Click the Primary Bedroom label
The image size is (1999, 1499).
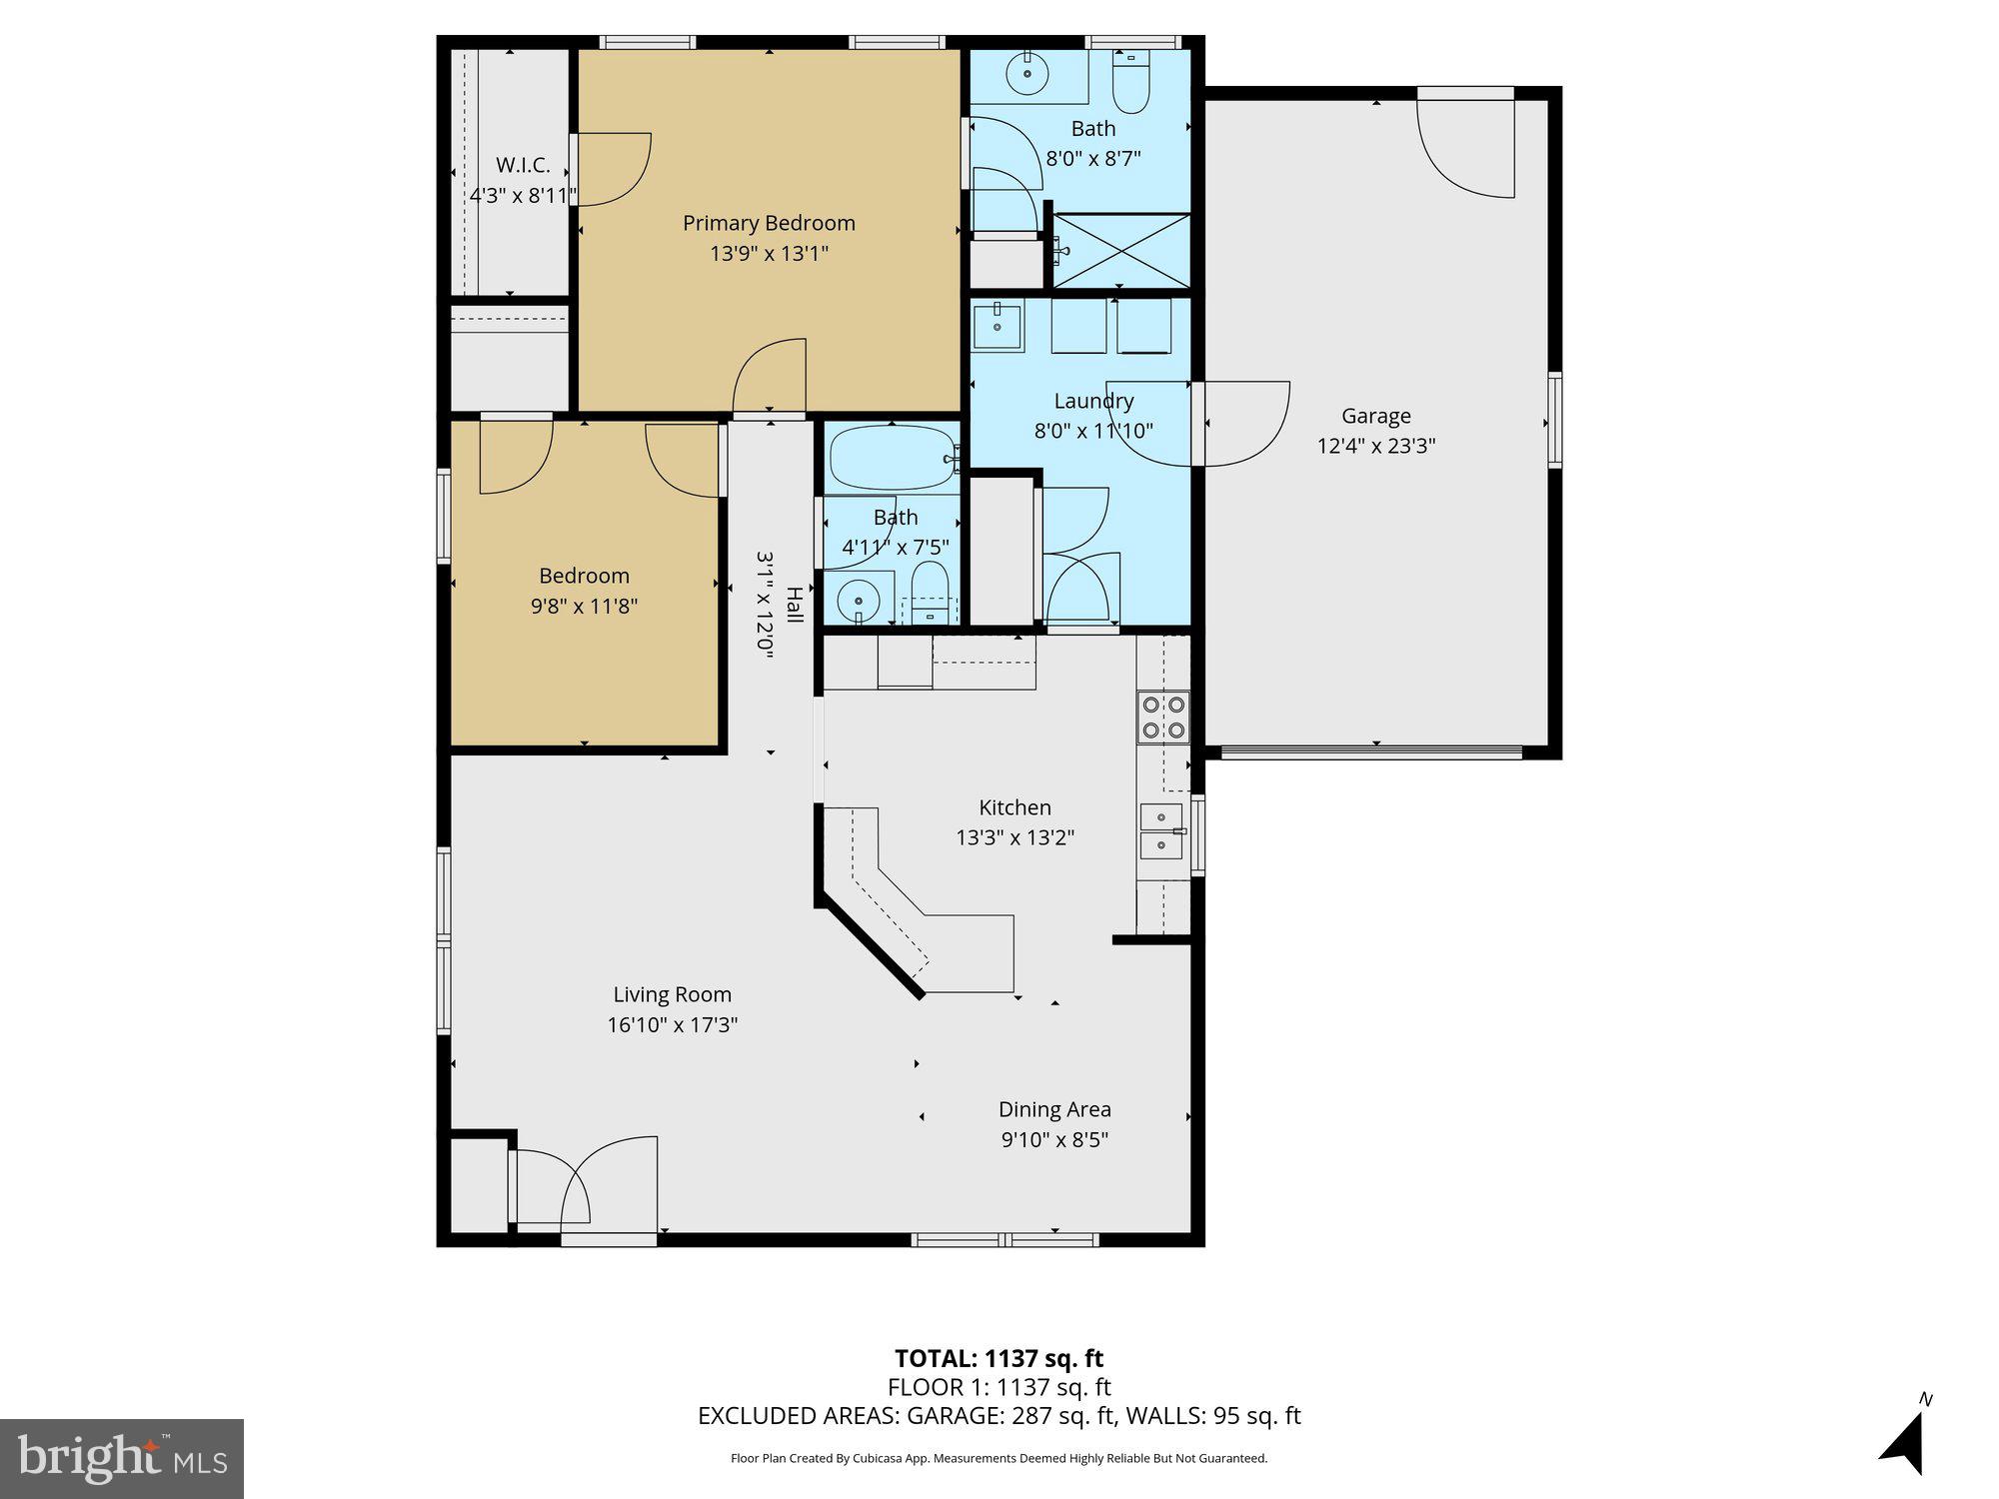769,223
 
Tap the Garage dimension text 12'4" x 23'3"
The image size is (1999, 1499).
1376,446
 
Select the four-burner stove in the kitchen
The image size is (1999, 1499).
1163,717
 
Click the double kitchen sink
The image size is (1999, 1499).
1161,831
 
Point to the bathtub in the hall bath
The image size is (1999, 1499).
892,458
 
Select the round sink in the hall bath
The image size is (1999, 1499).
858,600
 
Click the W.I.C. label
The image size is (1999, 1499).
523,166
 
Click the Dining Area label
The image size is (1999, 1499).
1054,1109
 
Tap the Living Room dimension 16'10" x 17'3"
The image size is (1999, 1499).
672,1024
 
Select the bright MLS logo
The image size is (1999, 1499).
122,1459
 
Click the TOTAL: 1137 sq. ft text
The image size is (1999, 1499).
999,1358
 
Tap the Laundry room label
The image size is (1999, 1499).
1093,401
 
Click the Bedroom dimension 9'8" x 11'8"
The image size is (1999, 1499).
584,606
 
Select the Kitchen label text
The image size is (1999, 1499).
1014,807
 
